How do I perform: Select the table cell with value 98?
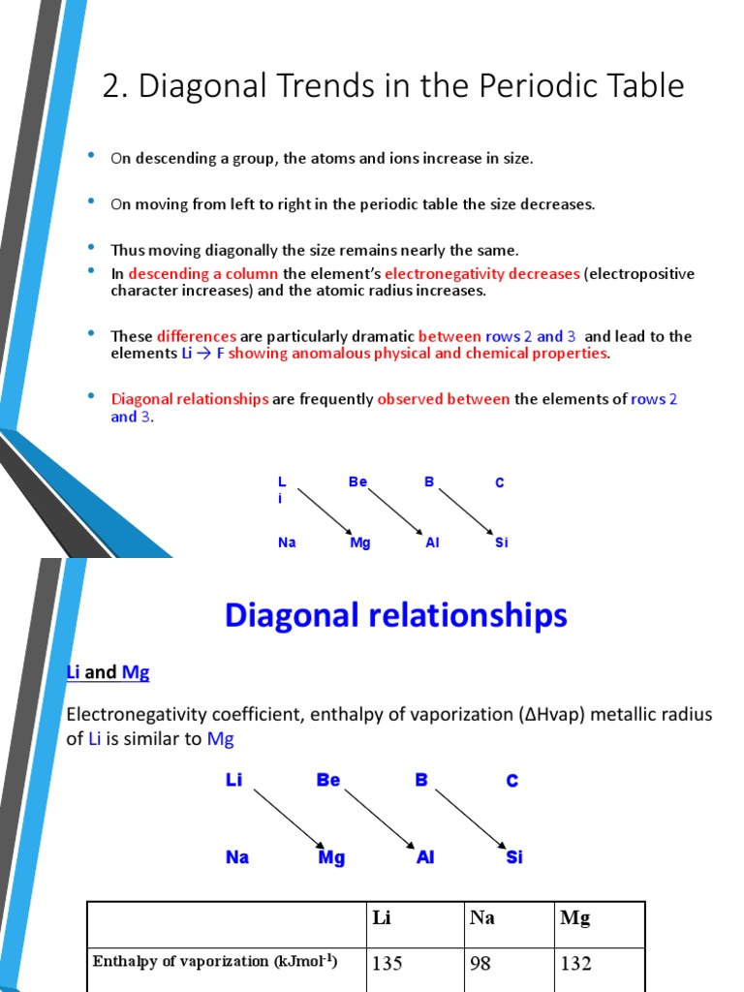[481, 964]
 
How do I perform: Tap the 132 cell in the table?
[575, 964]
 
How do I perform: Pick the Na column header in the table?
[481, 918]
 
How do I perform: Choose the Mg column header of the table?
[575, 918]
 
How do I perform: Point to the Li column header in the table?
[382, 918]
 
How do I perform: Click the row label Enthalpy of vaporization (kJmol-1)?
[215, 962]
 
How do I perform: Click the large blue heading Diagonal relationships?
[395, 615]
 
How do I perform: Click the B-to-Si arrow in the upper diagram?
[465, 511]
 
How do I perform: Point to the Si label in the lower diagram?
[514, 857]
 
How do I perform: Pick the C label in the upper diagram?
[500, 482]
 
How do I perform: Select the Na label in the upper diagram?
[287, 542]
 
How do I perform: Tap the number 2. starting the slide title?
[115, 86]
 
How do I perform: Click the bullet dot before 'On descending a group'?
[91, 156]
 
